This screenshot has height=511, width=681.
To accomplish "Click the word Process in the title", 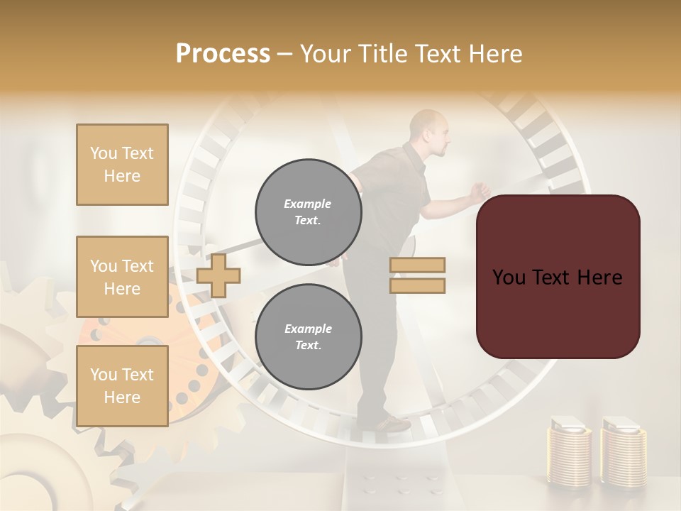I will click(223, 54).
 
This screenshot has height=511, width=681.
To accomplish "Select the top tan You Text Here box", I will click(122, 165).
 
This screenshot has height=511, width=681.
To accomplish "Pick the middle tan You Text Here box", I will click(122, 277).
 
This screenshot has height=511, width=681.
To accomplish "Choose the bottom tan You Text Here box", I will click(122, 386).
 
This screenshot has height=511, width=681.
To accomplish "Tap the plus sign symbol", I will click(218, 275).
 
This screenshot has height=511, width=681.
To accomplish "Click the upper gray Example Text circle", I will click(308, 211).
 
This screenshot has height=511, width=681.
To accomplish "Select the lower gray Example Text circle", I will click(308, 336).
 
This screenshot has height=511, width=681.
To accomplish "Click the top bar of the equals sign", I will click(417, 265).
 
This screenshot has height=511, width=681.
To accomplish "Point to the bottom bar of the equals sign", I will click(417, 286).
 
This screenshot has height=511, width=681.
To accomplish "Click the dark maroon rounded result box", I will click(558, 277).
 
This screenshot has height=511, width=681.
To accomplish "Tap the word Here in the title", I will click(494, 54).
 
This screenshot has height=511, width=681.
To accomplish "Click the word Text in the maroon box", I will click(558, 277).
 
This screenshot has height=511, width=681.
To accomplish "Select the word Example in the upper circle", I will click(308, 204).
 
